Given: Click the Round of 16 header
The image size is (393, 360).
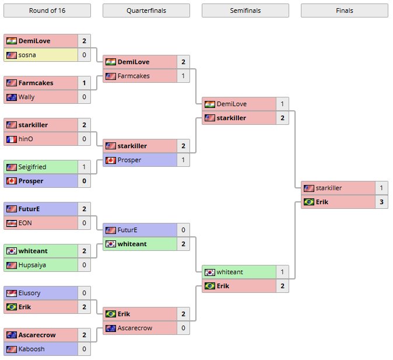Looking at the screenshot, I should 47,11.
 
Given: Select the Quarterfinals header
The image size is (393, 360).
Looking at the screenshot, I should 146,11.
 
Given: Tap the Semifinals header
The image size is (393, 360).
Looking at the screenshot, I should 245,11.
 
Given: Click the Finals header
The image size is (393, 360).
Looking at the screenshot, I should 344,11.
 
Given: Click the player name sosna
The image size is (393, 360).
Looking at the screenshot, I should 27,55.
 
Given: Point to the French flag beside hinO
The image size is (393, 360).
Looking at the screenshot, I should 11,139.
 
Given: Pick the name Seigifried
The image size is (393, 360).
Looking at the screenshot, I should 32,167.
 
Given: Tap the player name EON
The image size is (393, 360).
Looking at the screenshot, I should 25,223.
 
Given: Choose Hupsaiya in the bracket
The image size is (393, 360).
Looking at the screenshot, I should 33,265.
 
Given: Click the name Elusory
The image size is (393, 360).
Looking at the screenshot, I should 30,293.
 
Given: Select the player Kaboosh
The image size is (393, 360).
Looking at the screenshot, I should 31,349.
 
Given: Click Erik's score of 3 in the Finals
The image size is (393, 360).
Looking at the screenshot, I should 381,202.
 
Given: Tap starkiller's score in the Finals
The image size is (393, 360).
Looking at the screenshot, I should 381,188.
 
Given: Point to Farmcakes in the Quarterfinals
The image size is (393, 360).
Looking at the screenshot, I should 134,76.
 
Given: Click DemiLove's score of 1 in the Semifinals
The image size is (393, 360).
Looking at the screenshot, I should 282,104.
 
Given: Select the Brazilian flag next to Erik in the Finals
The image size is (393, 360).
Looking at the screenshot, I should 308,202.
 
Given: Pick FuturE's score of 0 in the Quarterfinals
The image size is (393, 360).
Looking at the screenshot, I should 183,230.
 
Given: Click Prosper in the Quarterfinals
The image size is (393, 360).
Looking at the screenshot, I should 129,160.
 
